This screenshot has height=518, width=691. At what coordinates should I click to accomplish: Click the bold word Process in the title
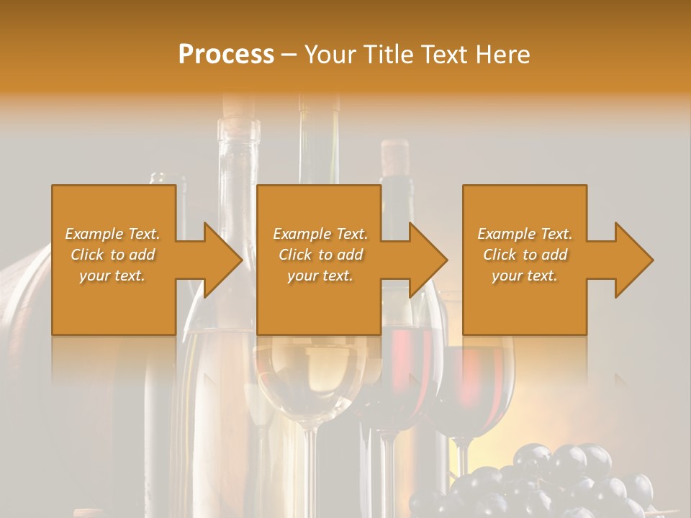[226, 55]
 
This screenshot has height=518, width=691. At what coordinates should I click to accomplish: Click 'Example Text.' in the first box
[112, 234]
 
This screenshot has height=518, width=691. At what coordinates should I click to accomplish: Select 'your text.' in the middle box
[320, 276]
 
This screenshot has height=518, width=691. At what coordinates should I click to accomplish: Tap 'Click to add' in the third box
[525, 255]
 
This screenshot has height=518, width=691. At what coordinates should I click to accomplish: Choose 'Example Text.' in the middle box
[320, 234]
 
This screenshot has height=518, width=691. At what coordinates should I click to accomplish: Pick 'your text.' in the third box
[525, 276]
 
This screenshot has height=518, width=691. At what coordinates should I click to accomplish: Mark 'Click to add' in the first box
[112, 255]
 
